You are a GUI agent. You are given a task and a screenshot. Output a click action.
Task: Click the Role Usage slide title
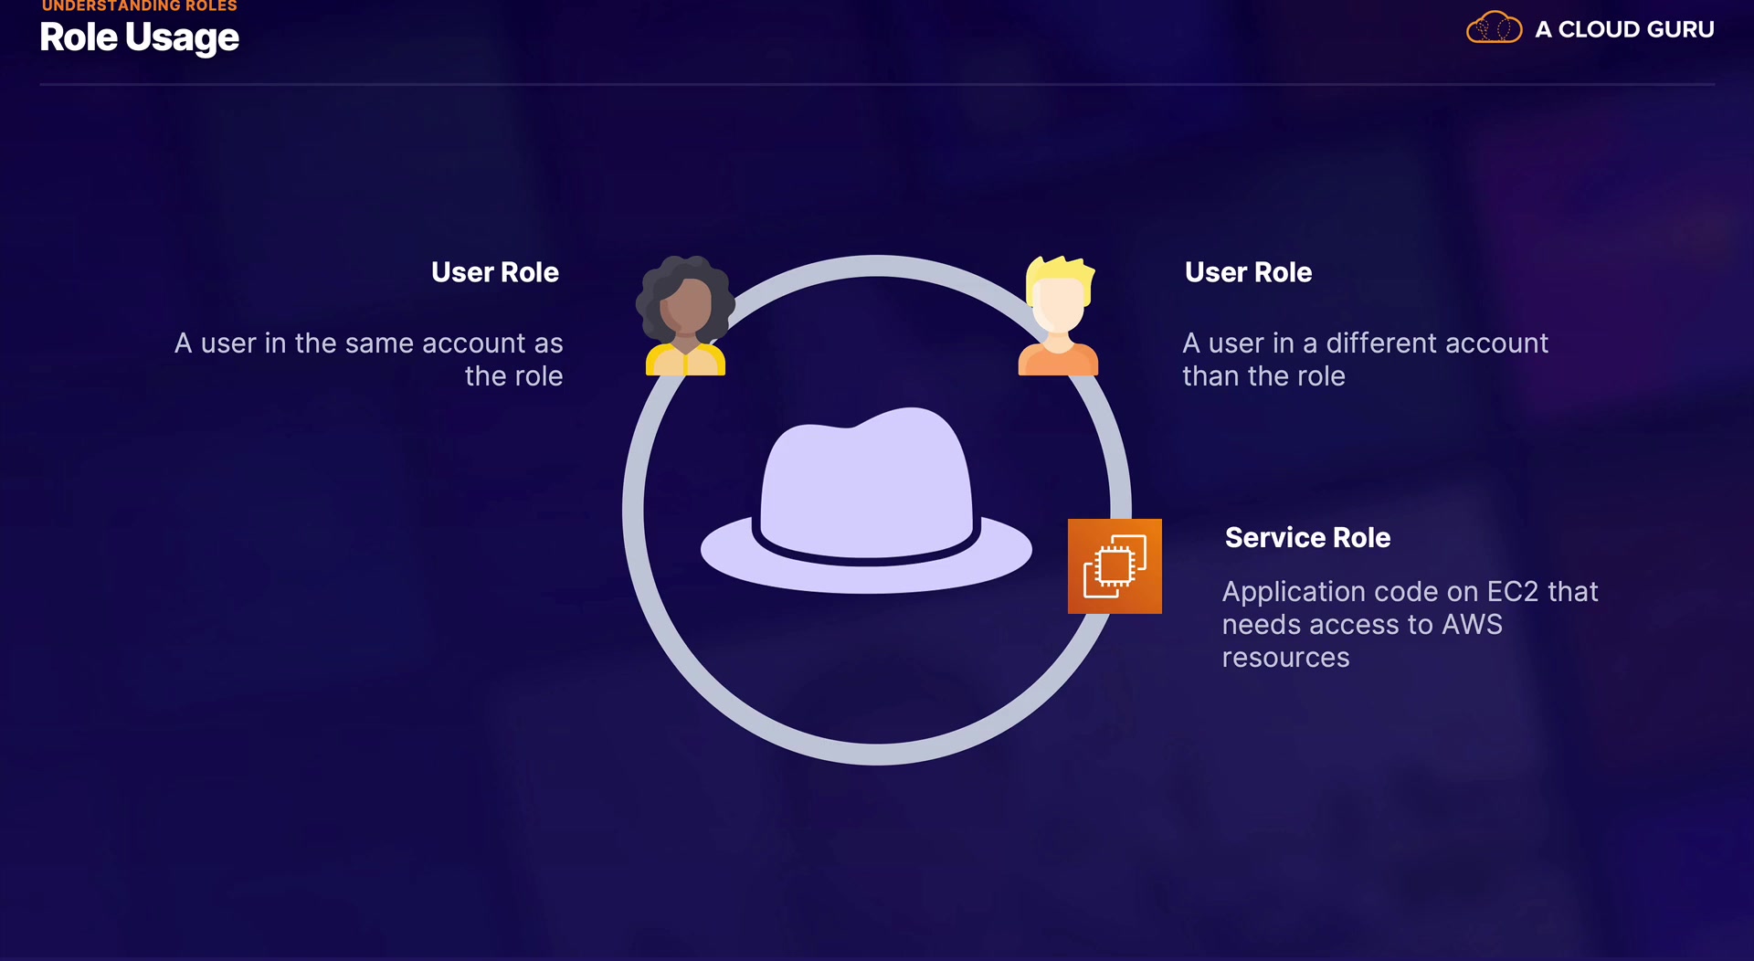click(x=139, y=38)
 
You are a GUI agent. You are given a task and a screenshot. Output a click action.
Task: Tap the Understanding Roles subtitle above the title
click(x=139, y=6)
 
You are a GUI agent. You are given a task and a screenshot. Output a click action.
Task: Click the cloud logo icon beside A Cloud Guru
click(x=1494, y=28)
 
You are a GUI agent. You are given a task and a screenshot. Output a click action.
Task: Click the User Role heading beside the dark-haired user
click(x=494, y=272)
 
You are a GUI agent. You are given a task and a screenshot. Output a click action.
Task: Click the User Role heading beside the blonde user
click(x=1248, y=272)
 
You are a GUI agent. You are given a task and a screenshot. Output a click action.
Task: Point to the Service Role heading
click(x=1307, y=538)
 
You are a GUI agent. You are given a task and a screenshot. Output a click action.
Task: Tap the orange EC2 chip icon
click(x=1115, y=566)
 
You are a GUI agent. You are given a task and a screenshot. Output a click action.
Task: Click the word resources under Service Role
click(x=1285, y=658)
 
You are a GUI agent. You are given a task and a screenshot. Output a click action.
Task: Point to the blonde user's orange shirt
click(x=1058, y=362)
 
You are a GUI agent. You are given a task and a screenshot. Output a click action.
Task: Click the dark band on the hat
click(x=866, y=554)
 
